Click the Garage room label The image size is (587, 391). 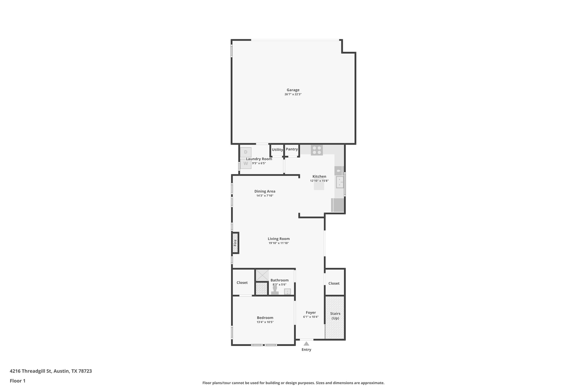click(x=293, y=90)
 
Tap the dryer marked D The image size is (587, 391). click(x=246, y=152)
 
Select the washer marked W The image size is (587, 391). click(x=246, y=164)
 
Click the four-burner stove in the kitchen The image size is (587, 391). click(x=317, y=150)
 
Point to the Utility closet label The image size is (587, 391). click(x=277, y=150)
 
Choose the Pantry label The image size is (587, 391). click(x=292, y=149)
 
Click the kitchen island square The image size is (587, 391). click(x=319, y=186)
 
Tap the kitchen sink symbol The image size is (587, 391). click(x=340, y=182)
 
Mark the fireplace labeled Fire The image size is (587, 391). click(x=235, y=243)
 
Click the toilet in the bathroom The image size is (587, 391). click(x=275, y=290)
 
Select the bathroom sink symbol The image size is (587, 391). click(x=287, y=292)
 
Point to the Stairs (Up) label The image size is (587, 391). click(x=335, y=316)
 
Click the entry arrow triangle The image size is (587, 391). click(x=306, y=344)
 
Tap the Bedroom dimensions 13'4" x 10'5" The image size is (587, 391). click(x=265, y=322)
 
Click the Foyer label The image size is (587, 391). click(x=311, y=313)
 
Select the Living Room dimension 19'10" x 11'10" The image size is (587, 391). click(x=279, y=243)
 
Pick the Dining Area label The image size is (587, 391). click(x=265, y=191)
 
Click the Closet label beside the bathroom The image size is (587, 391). click(x=242, y=283)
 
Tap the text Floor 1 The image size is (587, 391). click(x=17, y=381)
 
